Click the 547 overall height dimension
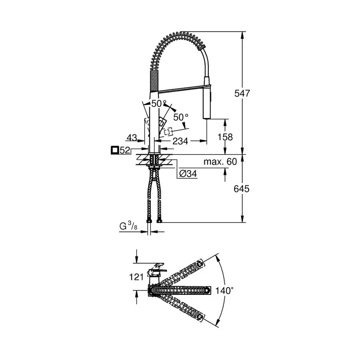pyautogui.click(x=242, y=93)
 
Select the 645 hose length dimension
pyautogui.click(x=242, y=188)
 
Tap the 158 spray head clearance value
pyautogui.click(x=224, y=137)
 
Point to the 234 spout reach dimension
pyautogui.click(x=180, y=141)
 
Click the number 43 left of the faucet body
pyautogui.click(x=132, y=137)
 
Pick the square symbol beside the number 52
pyautogui.click(x=115, y=150)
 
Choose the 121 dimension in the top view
pyautogui.click(x=136, y=277)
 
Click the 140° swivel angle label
pyautogui.click(x=224, y=290)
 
